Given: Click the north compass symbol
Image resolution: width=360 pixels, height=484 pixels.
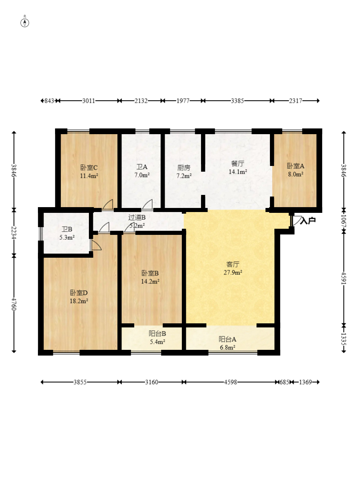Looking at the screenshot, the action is coord(25,22).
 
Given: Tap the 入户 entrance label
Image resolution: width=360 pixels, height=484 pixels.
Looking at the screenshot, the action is coord(308,221).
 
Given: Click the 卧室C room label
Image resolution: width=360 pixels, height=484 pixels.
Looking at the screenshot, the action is coord(89,168).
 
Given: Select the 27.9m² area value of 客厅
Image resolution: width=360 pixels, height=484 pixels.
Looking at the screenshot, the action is coord(233,272).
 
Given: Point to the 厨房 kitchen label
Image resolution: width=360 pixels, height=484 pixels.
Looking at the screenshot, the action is coord(184,168).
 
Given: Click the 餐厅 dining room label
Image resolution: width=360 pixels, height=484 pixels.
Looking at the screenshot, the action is coord(237,164).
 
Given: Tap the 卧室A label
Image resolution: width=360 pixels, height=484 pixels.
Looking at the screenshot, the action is coord(296,166).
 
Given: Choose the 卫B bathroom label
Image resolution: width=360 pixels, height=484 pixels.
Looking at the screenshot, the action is coord(67,229).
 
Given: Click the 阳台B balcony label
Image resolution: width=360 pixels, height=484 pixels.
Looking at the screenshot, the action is coord(157,334).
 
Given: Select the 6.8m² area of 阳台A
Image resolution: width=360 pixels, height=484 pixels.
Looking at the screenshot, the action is coord(227,347).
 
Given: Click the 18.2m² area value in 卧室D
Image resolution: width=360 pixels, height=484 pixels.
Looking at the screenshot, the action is coord(79,301).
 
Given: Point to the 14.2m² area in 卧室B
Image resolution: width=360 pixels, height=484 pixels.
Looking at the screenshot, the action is coord(150,281).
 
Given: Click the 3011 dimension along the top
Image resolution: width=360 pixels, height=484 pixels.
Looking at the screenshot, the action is coord(88,101).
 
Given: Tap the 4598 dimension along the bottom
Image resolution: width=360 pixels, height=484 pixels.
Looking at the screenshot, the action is coord(231,382).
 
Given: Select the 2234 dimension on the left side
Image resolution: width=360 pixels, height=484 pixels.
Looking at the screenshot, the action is coord(14,233).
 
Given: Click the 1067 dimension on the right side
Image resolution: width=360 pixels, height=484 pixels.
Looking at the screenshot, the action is coord(344,221).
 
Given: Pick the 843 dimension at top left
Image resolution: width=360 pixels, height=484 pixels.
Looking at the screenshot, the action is coord(49,101).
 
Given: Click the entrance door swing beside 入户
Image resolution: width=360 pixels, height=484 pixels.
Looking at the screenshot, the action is coord(296,220).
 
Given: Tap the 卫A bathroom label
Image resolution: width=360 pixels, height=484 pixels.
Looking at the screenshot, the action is coord(142,167).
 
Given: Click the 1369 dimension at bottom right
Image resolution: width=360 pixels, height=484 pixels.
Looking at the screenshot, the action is coord(305,382).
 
